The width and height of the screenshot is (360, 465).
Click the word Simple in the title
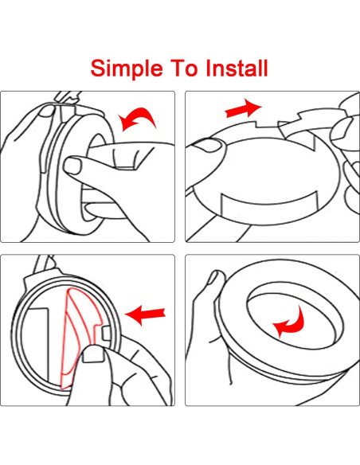127,69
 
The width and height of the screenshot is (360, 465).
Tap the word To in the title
183,68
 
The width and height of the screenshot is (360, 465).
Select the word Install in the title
237,68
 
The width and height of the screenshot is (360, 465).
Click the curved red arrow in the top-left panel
137,119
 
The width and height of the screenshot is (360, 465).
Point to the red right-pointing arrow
243,108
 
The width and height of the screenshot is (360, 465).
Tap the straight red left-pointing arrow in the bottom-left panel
145,315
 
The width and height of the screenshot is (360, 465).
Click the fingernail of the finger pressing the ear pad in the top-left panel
72,166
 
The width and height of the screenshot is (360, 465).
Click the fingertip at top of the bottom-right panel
217,278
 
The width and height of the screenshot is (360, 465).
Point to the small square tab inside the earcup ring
107,333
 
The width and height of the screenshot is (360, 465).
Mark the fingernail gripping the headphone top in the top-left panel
48,111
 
